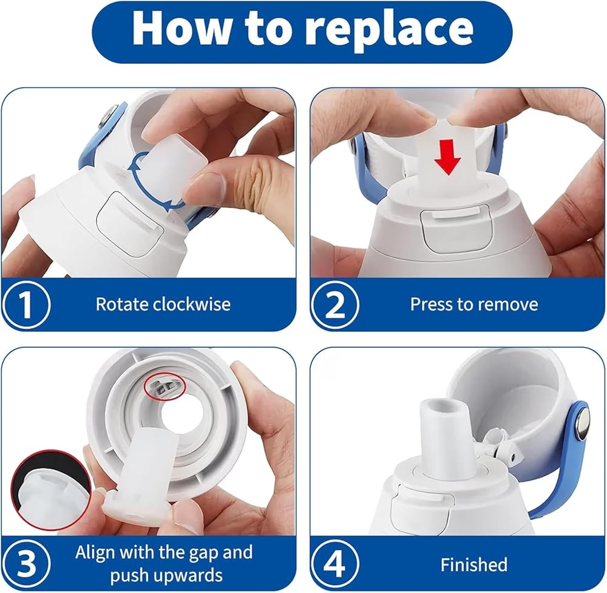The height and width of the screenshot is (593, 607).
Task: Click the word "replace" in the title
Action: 392,30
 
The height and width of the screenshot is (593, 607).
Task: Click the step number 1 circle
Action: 25,304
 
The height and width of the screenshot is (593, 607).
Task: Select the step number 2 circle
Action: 335,304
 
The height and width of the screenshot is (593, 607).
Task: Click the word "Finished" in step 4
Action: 474,564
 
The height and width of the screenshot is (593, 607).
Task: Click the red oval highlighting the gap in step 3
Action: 165,385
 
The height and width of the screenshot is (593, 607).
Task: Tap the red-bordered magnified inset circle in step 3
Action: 50,490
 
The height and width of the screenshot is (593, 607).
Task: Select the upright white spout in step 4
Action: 441,436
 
